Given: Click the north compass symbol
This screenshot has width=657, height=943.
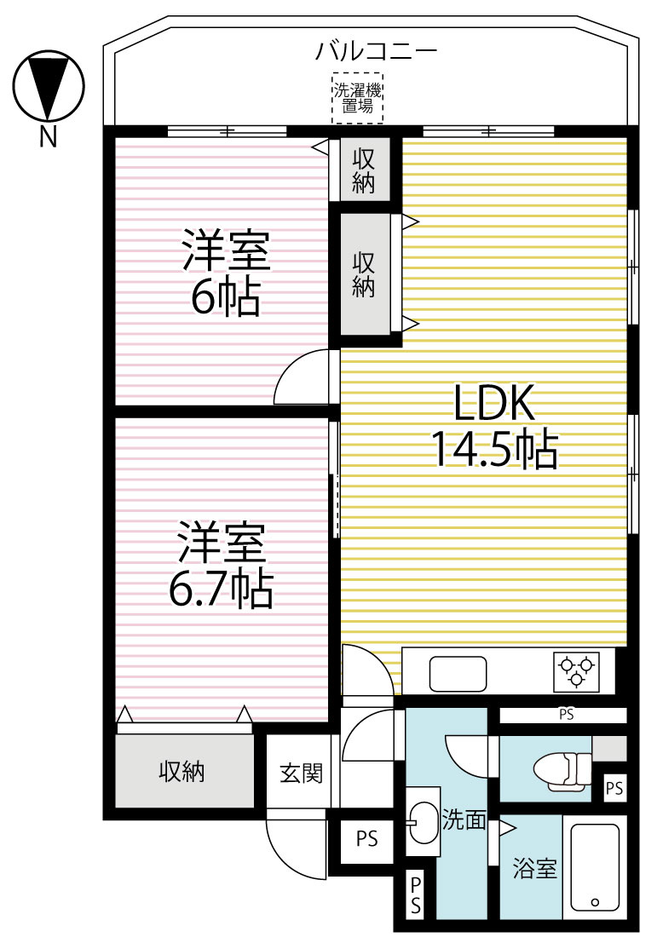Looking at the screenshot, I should tap(49, 88).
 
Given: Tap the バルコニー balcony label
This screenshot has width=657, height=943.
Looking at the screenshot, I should tap(376, 51).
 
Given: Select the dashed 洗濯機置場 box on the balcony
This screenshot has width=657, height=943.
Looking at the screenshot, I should tap(357, 99).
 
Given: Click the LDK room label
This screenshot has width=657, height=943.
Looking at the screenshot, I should tap(493, 403).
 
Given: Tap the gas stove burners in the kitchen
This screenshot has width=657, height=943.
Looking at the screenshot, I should tap(577, 670).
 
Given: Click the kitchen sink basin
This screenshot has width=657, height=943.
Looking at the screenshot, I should tap(458, 674).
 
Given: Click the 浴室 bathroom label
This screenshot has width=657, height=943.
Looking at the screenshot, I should tap(534, 869).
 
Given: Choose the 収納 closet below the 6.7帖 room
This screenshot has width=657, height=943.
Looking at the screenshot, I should tap(182, 772).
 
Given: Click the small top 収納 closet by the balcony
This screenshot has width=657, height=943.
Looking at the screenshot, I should tap(364, 170).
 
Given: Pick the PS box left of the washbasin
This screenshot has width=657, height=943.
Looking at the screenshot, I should tap(366, 839).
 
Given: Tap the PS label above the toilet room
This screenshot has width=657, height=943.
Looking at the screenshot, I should tap(567, 715).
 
